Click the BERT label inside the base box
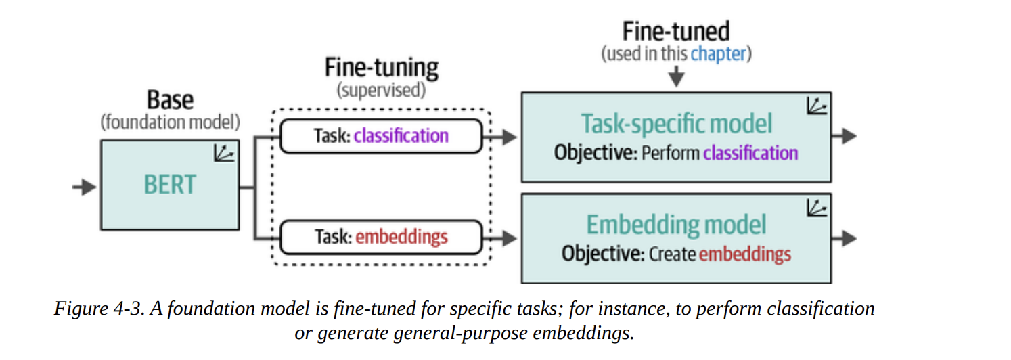tap(169, 184)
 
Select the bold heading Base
tap(170, 100)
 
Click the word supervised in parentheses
tap(381, 90)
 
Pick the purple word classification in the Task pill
tap(401, 135)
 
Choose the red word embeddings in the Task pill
tap(401, 237)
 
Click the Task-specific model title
tap(676, 124)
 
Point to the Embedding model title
tap(676, 225)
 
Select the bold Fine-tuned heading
tap(676, 31)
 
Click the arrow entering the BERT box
tap(85, 187)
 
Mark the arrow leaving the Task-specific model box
tap(845, 136)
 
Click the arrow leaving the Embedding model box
tap(845, 238)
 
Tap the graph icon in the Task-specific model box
tap(817, 106)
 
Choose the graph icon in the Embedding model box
tap(817, 208)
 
